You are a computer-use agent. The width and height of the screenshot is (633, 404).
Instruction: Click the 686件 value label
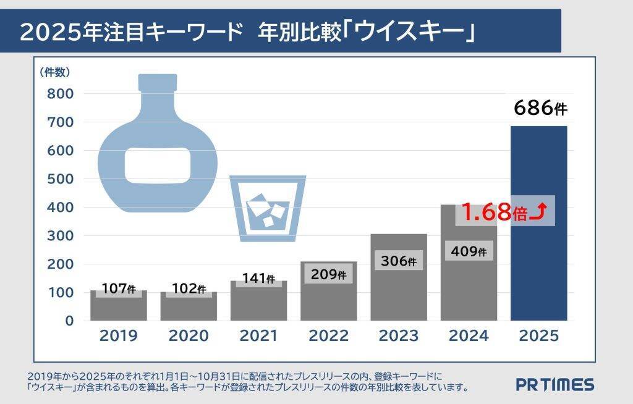540,109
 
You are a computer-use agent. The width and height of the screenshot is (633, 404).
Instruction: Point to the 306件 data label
399,261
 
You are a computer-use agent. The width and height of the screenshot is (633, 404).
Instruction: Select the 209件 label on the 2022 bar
328,274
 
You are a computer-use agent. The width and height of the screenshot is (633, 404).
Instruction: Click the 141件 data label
258,279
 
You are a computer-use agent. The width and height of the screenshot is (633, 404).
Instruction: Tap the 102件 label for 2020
189,288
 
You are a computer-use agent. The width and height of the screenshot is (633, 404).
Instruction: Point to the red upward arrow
538,213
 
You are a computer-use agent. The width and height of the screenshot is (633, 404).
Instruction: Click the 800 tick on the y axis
61,94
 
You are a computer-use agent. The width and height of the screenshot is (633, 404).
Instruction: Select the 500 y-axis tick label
61,179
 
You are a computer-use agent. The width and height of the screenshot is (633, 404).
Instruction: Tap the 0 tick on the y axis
69,321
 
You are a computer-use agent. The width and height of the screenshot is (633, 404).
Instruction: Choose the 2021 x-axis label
258,336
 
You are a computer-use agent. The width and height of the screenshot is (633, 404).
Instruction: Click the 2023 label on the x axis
399,336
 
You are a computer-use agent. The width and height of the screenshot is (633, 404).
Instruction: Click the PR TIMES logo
554,385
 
